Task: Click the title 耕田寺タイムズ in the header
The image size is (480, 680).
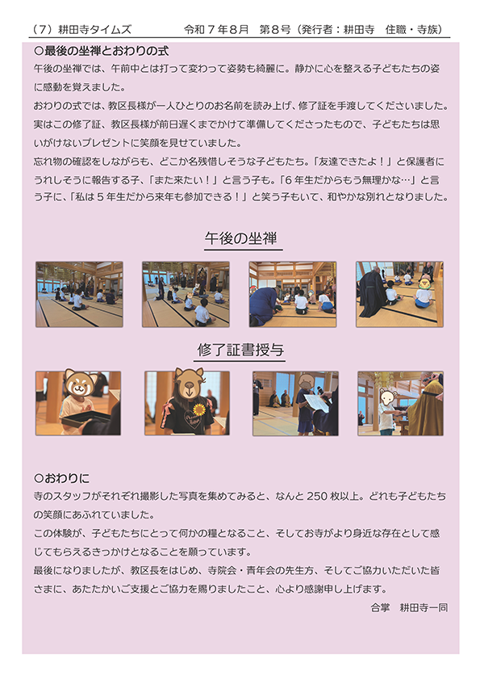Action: coord(94,30)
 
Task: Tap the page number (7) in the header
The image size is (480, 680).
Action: coord(43,30)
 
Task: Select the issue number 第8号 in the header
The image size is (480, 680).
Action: coord(274,30)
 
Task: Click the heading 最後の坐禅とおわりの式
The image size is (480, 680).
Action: coord(106,51)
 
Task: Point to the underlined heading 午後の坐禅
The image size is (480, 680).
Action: coord(240,238)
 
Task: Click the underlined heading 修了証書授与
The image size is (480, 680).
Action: coord(240,350)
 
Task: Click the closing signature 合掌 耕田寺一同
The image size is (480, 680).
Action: coord(408,607)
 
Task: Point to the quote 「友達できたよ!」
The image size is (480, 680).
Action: coord(353,162)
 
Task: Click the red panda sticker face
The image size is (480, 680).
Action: coord(81,382)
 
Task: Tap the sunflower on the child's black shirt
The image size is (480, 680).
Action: coord(199,409)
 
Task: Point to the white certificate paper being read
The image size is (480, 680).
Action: coord(316,403)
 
